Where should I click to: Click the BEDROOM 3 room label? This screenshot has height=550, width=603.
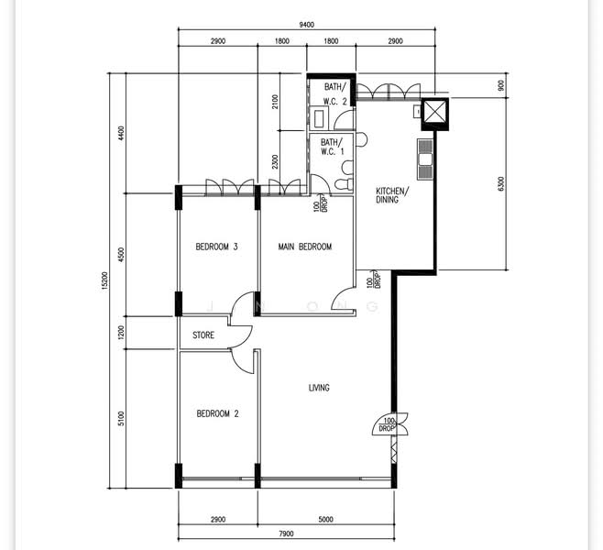(x=216, y=247)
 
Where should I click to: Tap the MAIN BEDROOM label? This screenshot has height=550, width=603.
(x=305, y=247)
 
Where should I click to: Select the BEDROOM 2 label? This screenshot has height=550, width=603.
(x=218, y=413)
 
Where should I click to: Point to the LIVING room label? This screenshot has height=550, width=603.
(x=319, y=388)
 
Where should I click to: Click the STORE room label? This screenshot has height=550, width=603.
(x=203, y=335)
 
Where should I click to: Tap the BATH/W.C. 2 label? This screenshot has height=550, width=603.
(x=335, y=94)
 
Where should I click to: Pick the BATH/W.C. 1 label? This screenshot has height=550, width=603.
(x=333, y=147)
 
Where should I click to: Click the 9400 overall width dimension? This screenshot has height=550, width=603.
(x=306, y=25)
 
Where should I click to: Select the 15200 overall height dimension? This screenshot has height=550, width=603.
(x=104, y=280)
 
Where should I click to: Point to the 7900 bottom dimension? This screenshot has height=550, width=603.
(x=286, y=533)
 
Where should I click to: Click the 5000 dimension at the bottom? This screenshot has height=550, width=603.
(x=325, y=519)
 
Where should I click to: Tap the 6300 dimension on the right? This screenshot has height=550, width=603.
(x=500, y=184)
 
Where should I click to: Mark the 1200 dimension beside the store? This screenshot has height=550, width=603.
(x=121, y=333)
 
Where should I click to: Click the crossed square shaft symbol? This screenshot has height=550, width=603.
(x=435, y=115)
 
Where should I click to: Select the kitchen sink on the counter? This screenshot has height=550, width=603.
(x=425, y=159)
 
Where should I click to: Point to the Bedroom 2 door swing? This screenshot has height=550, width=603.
(x=243, y=361)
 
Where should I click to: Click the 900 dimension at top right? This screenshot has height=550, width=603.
(x=500, y=85)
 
